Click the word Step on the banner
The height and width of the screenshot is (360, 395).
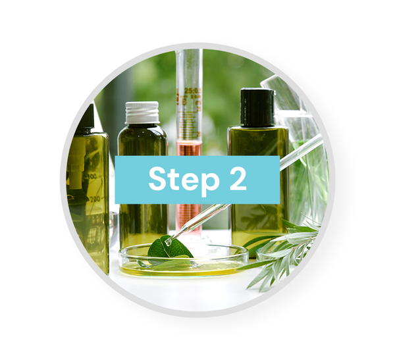click(184, 180)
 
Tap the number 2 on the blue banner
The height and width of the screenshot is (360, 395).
click(238, 178)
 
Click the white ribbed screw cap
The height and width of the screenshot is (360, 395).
click(142, 113)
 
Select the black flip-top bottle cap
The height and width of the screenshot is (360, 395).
click(257, 107)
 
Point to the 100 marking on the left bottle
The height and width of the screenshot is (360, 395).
click(93, 176)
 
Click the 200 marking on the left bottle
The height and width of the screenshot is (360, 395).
click(95, 199)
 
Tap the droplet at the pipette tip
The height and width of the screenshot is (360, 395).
click(168, 242)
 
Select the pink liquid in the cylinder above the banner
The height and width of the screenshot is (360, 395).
click(189, 149)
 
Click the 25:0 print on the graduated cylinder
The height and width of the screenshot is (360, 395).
click(192, 91)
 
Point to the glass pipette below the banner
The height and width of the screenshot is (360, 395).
click(197, 223)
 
